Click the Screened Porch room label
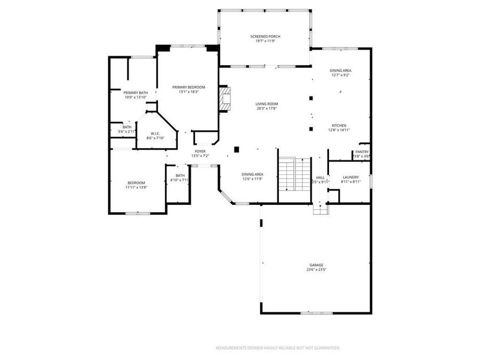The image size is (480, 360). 265,36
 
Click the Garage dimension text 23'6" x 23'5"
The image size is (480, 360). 316,270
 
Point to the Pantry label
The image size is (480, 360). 362,152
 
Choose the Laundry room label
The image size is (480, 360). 350,177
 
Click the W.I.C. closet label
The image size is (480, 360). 155,133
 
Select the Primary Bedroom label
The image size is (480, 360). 188,87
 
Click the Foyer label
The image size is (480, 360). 199,152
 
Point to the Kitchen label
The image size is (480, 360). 339,125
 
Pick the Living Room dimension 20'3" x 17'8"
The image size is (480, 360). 267,109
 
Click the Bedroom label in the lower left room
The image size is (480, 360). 136,183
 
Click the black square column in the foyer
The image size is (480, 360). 237,149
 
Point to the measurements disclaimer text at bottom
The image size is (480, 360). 277,348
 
